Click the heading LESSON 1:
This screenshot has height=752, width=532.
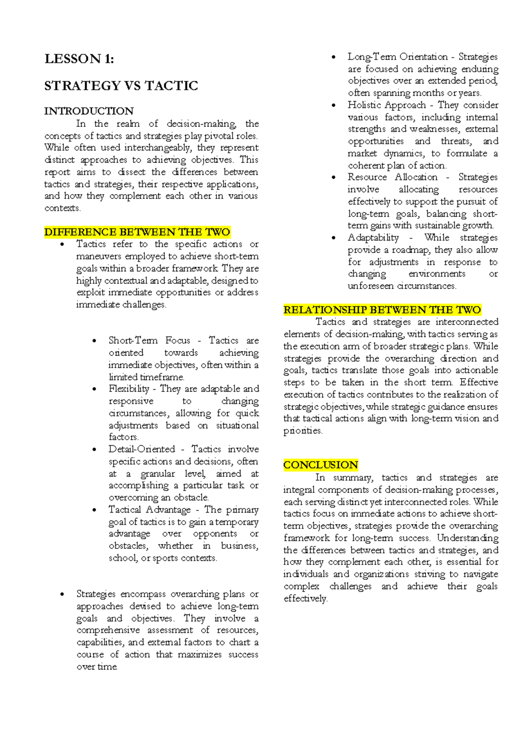point(79,59)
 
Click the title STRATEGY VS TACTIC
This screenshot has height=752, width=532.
point(121,86)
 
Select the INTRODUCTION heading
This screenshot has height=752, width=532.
point(89,111)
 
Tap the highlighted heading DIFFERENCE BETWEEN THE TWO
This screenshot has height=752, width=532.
point(137,232)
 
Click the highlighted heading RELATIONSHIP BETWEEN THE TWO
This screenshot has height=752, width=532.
point(382,309)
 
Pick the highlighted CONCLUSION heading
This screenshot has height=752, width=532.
point(321,465)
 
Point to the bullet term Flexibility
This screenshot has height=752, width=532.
point(129,389)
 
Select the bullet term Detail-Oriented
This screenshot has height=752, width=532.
point(142,449)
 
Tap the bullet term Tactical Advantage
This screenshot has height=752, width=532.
point(149,510)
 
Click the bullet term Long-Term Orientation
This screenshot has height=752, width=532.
point(398,57)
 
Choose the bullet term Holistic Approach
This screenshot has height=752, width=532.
point(387,105)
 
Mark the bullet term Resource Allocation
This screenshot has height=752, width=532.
point(392,177)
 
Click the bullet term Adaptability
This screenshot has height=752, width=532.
point(373,238)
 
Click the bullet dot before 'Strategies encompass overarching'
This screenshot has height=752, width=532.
point(63,595)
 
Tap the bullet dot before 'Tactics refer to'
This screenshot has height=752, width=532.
point(63,245)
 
